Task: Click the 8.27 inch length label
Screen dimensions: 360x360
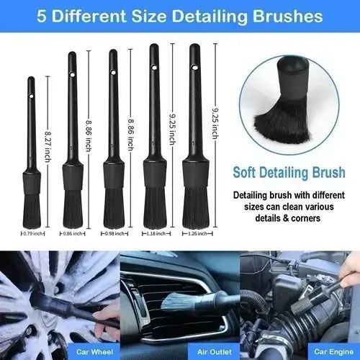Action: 48,147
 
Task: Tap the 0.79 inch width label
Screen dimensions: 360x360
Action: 33,233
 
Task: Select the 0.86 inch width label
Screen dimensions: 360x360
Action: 73,233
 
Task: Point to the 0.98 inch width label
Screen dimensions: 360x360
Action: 114,233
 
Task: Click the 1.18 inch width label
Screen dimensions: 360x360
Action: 156,233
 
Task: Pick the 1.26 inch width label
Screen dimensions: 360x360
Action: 197,233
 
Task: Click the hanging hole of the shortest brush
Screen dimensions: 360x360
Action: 31,96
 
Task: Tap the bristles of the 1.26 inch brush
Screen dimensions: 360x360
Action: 196,207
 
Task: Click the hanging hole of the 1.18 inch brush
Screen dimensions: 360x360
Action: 154,68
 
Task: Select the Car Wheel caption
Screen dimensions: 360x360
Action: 94,352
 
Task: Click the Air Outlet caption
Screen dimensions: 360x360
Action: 215,352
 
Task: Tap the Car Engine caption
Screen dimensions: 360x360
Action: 334,352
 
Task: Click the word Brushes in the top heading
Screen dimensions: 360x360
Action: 288,17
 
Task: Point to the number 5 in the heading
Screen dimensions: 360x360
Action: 41,17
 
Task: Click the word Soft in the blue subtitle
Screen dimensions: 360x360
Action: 244,172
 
